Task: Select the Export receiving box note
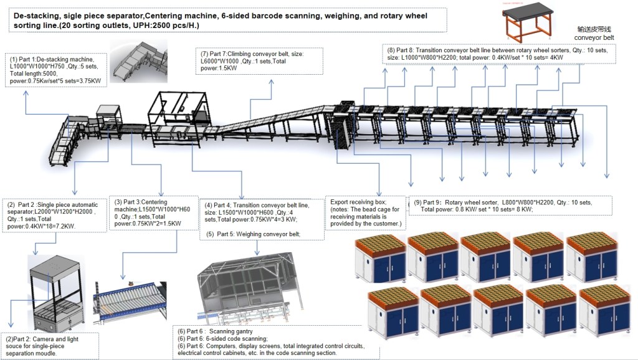[x=365, y=212]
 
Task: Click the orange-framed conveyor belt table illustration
[x=529, y=22]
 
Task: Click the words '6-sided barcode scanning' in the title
[x=270, y=14]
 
